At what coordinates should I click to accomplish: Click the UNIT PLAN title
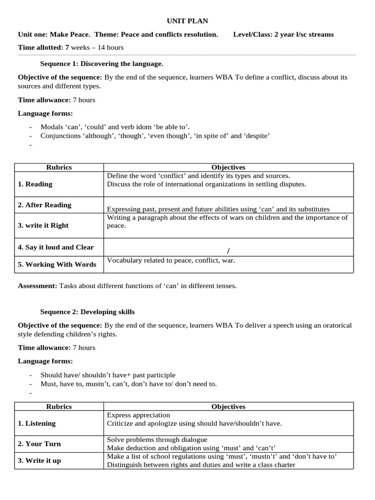click(187, 21)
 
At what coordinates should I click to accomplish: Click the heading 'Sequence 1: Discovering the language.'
click(102, 63)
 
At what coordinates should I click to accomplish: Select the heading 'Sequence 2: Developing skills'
click(87, 312)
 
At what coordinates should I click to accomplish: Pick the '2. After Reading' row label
click(44, 205)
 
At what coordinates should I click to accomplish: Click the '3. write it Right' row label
click(43, 226)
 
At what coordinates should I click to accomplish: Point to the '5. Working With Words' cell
click(57, 264)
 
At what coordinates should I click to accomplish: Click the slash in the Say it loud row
click(228, 251)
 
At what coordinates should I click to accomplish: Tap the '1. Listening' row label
click(37, 423)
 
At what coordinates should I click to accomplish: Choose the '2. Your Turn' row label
click(40, 444)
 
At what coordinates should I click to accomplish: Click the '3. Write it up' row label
click(40, 460)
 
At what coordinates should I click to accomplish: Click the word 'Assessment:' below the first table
click(38, 286)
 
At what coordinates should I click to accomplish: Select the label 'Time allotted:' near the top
click(41, 47)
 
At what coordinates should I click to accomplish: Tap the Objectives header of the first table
click(228, 167)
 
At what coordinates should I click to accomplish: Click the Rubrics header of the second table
click(59, 406)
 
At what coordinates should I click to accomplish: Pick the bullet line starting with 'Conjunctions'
click(155, 136)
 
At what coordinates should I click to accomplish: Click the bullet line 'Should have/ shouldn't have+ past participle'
click(107, 375)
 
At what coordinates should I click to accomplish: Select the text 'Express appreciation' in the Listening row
click(139, 415)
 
